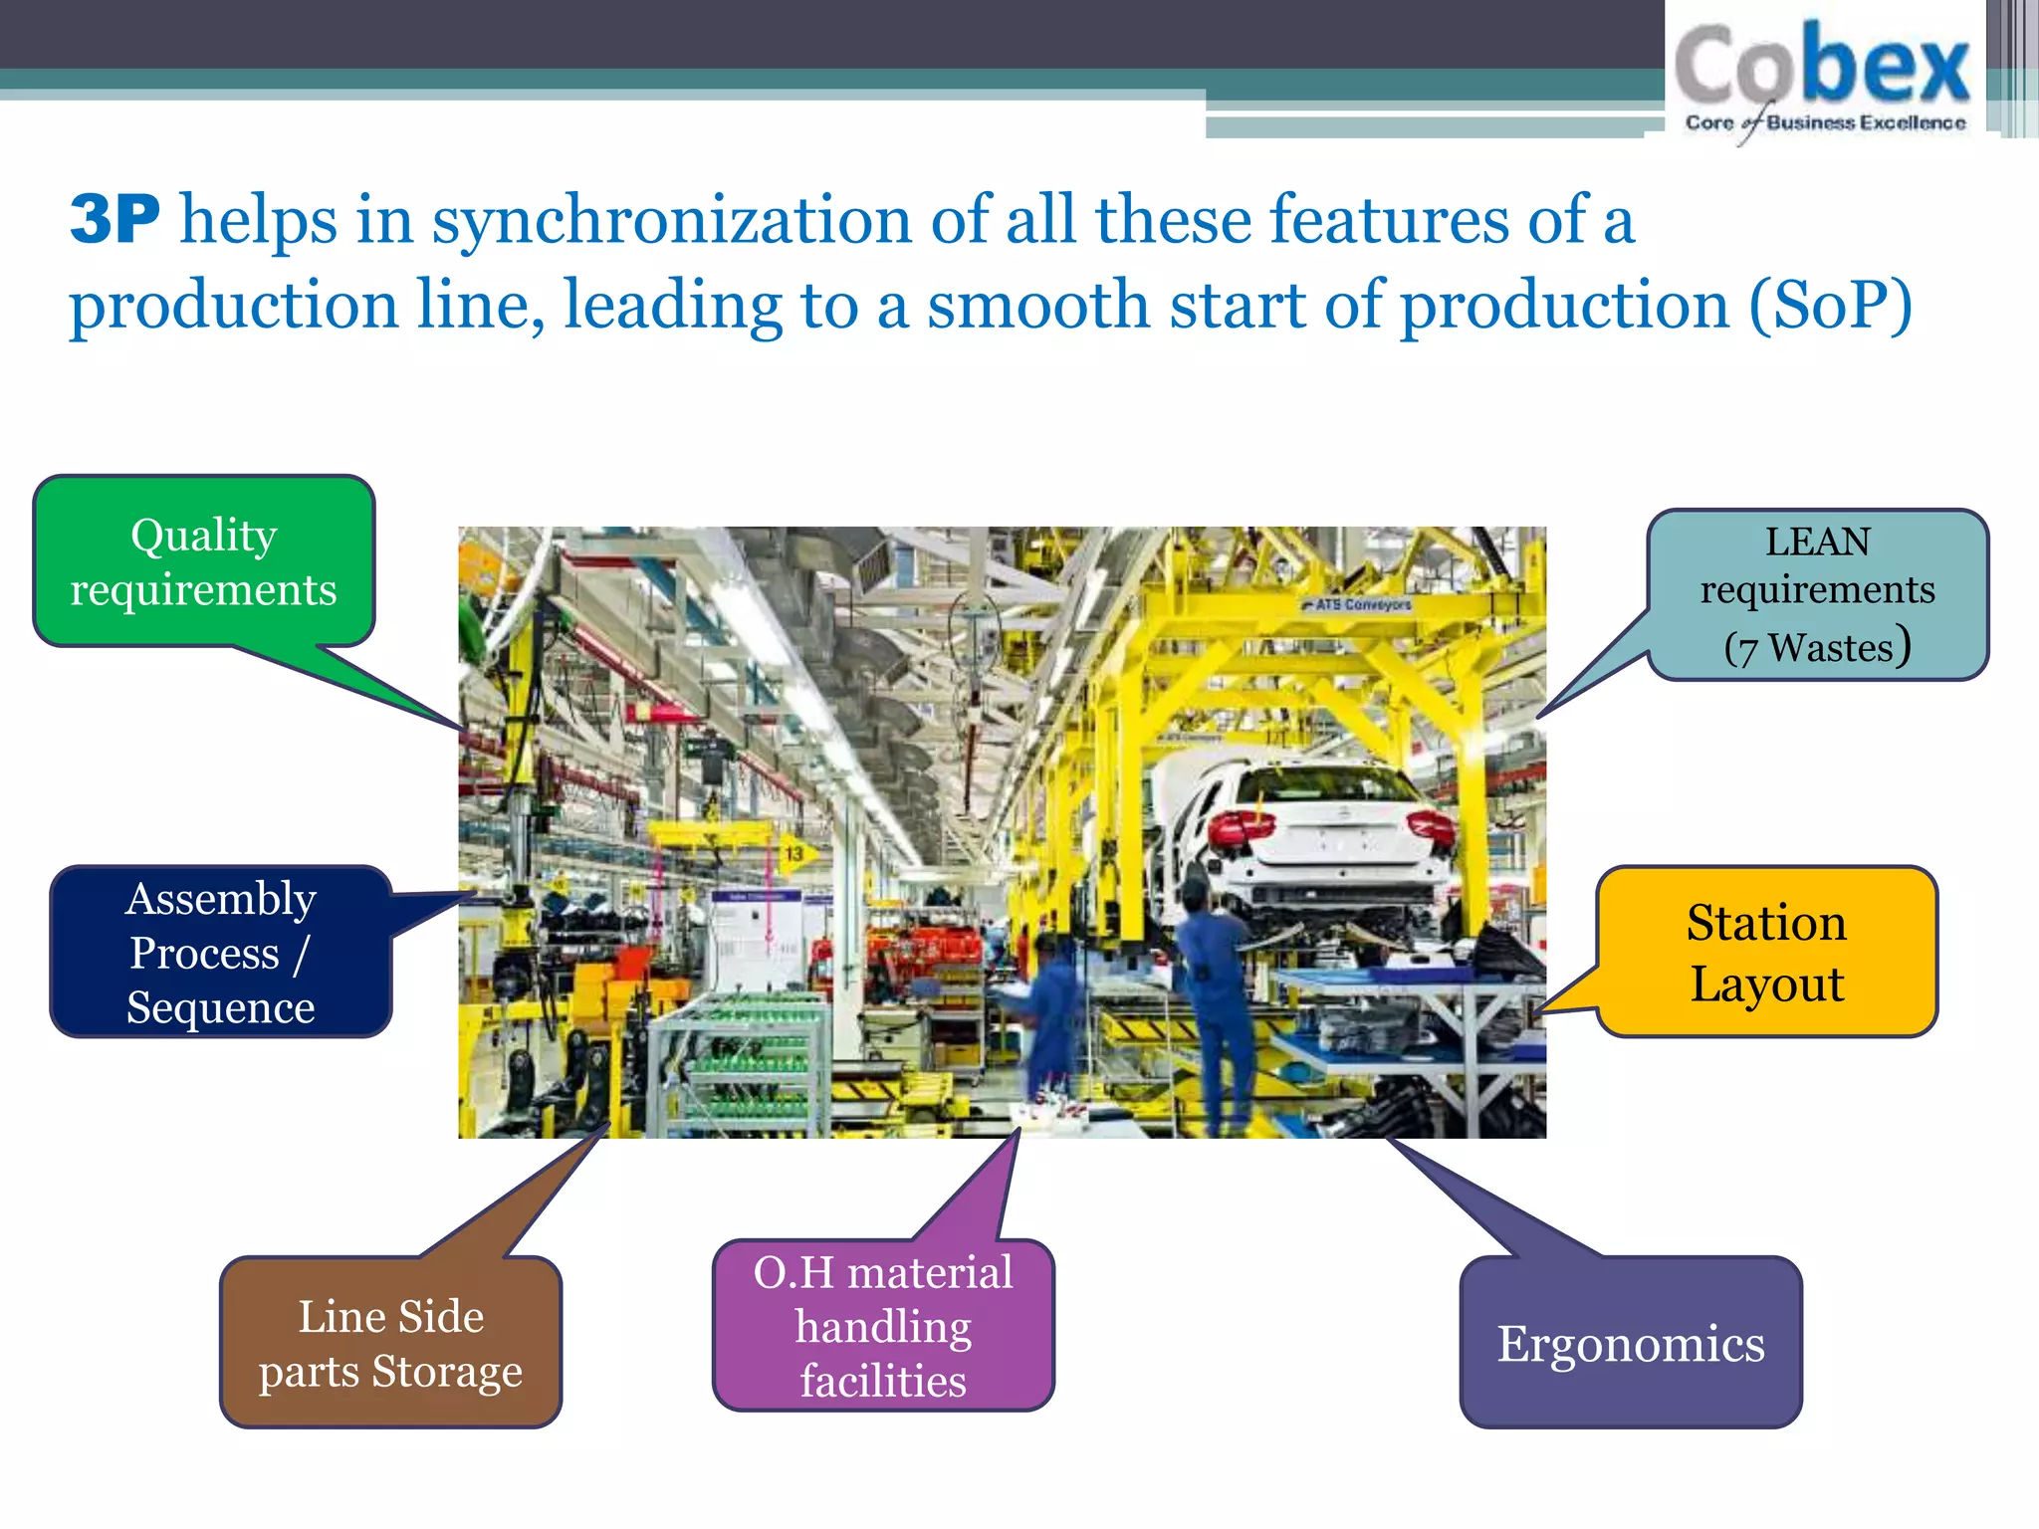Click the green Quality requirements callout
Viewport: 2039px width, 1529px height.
tap(204, 562)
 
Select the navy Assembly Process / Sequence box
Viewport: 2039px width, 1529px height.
tap(220, 953)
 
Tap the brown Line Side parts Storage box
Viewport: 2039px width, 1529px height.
tap(390, 1343)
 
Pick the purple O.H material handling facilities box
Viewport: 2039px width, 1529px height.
tap(883, 1326)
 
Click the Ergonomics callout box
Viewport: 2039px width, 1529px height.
tap(1631, 1343)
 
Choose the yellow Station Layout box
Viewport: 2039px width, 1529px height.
tap(1767, 953)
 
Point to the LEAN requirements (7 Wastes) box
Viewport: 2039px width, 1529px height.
tap(1817, 594)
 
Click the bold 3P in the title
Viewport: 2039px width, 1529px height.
tap(114, 219)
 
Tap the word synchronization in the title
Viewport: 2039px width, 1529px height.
tap(671, 221)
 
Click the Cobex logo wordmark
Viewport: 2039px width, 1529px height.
tap(1822, 66)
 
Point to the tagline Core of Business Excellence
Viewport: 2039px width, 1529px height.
tap(1825, 122)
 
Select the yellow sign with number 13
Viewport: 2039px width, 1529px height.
tap(793, 854)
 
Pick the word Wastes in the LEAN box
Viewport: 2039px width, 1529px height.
tap(1830, 648)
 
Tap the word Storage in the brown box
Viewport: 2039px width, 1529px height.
tap(447, 1372)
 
